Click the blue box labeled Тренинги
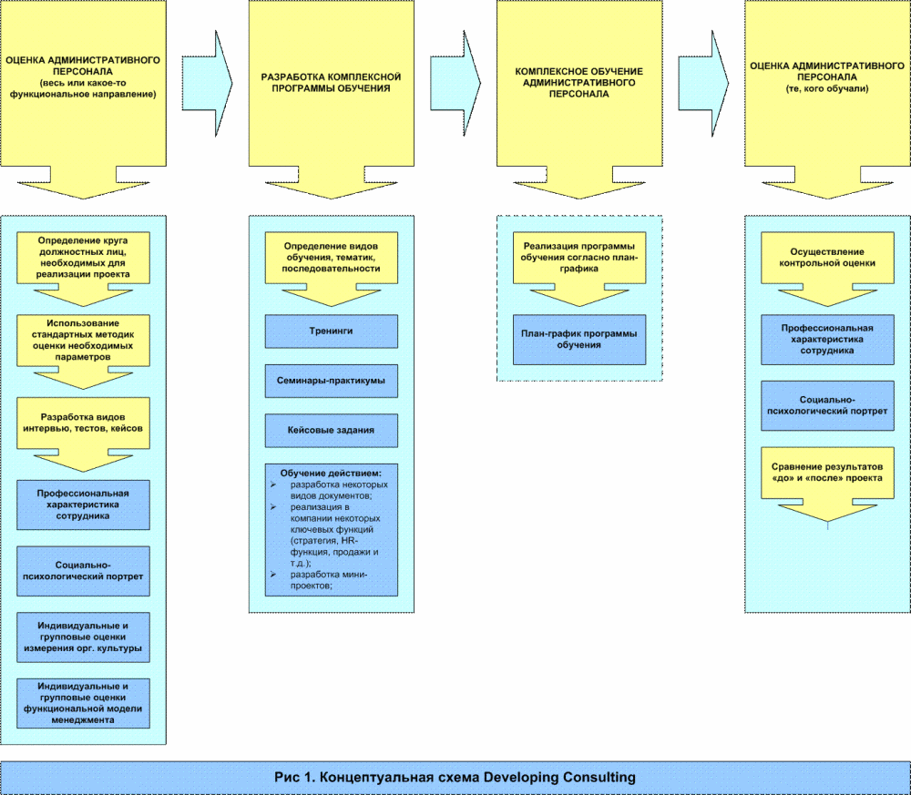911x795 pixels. click(x=331, y=331)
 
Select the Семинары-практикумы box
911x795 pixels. click(x=331, y=380)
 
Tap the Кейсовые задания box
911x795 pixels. click(x=331, y=430)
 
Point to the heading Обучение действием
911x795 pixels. click(x=331, y=474)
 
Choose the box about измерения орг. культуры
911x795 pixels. click(x=83, y=637)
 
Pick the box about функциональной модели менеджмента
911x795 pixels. click(x=83, y=702)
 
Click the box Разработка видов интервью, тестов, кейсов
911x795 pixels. click(x=83, y=421)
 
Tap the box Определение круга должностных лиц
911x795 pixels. click(x=83, y=256)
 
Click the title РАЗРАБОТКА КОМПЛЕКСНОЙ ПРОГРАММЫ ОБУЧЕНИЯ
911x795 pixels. click(x=331, y=83)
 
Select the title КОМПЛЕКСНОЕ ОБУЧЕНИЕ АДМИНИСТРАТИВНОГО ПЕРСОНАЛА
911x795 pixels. click(x=578, y=82)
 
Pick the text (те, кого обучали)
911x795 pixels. click(x=827, y=89)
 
